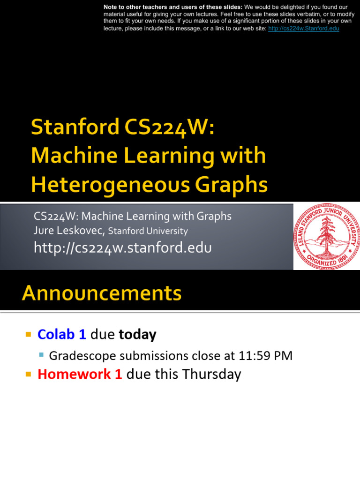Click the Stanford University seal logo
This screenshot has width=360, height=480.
click(326, 236)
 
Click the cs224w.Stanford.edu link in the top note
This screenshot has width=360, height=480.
click(304, 29)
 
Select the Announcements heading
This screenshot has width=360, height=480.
click(101, 294)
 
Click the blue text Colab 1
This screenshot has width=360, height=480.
click(62, 335)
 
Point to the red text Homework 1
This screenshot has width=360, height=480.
click(80, 374)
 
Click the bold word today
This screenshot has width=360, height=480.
click(137, 335)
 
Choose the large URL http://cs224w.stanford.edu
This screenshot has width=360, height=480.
click(123, 247)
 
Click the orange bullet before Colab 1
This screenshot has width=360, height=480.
click(28, 335)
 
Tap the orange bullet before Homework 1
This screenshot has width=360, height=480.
click(28, 374)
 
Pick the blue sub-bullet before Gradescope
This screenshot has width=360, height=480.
click(41, 355)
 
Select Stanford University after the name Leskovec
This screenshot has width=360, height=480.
click(148, 231)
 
